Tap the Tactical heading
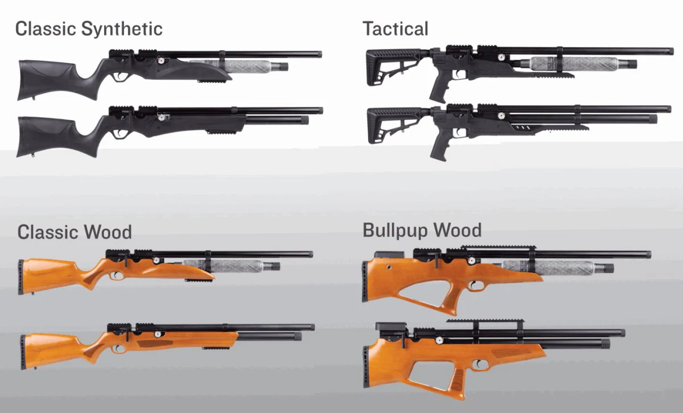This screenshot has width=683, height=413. coord(395,28)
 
